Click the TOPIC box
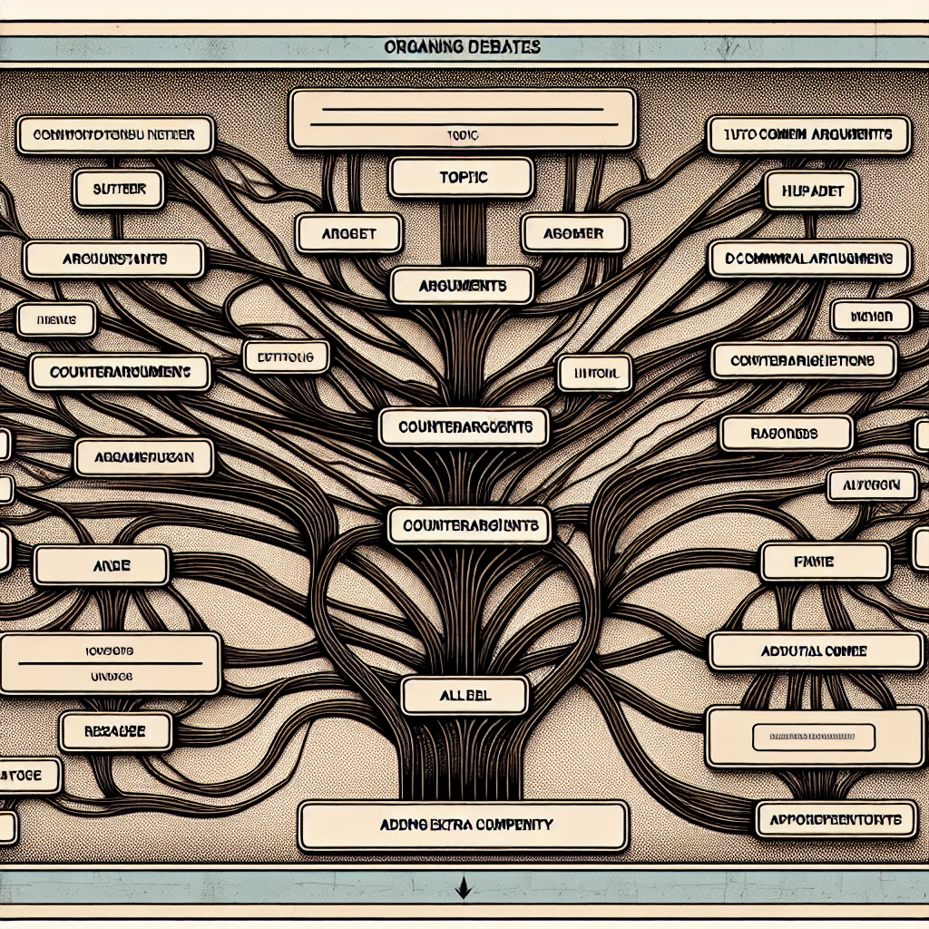pyautogui.click(x=460, y=177)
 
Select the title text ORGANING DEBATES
pyautogui.click(x=464, y=46)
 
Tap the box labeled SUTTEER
pyautogui.click(x=117, y=191)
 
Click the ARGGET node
pyautogui.click(x=348, y=233)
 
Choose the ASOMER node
pyautogui.click(x=574, y=233)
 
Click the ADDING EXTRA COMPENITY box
pyautogui.click(x=463, y=826)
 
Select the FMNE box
pyautogui.click(x=825, y=562)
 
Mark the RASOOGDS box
pyautogui.click(x=786, y=434)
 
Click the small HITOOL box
pyautogui.click(x=594, y=372)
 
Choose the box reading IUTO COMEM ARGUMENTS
pyautogui.click(x=807, y=134)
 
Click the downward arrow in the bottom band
pyautogui.click(x=464, y=886)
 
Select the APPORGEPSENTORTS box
pyautogui.click(x=832, y=819)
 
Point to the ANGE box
pyautogui.click(x=101, y=564)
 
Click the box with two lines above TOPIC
pyautogui.click(x=462, y=118)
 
